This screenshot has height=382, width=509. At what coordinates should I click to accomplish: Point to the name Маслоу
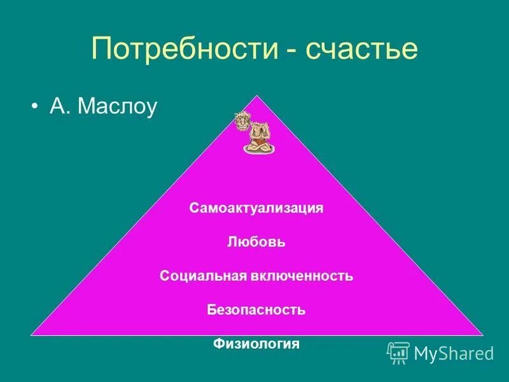click(116, 106)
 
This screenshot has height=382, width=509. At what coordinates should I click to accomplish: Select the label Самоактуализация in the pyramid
click(256, 208)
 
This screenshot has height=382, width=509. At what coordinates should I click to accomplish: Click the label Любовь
click(256, 242)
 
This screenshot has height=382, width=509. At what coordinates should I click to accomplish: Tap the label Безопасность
click(256, 310)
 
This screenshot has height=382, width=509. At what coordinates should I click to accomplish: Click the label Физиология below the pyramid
click(256, 344)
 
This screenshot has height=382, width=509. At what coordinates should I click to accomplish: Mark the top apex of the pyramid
click(256, 96)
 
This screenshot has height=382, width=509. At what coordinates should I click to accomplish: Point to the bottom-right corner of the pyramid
click(482, 334)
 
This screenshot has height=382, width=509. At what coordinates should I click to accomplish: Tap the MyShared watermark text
click(454, 353)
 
